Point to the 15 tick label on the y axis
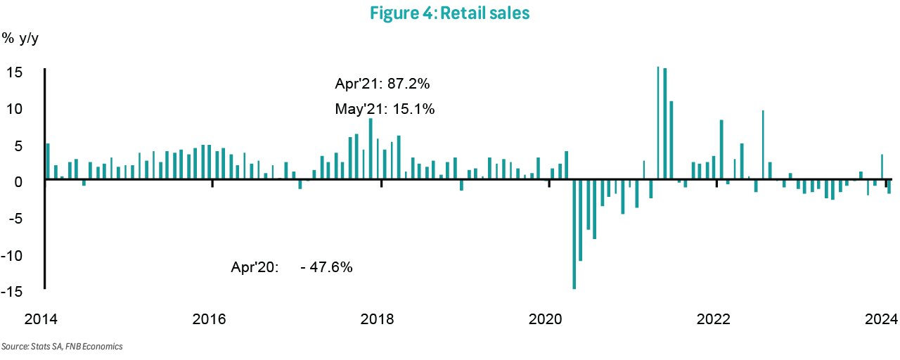[15, 73]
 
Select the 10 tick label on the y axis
[15, 109]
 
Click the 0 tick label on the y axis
[19, 181]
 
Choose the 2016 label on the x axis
[208, 319]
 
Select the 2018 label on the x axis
[377, 319]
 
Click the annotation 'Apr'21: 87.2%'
[382, 84]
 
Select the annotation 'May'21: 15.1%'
[385, 110]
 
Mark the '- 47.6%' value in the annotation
[326, 268]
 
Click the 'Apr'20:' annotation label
[255, 268]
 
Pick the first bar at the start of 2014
[48, 162]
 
